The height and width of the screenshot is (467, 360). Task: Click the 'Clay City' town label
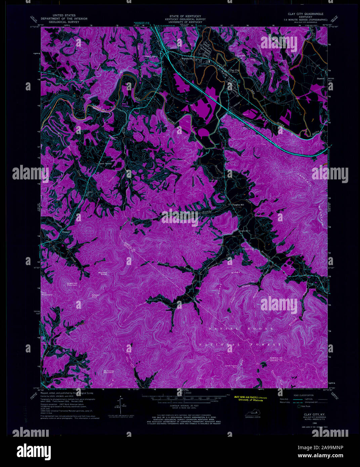[234, 70]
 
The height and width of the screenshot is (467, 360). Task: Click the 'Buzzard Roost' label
[103, 273]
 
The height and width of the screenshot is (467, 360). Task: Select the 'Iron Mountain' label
[47, 294]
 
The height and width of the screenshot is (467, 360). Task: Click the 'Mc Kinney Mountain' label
[108, 372]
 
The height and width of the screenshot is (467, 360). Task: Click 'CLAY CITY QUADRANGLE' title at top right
[305, 14]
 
